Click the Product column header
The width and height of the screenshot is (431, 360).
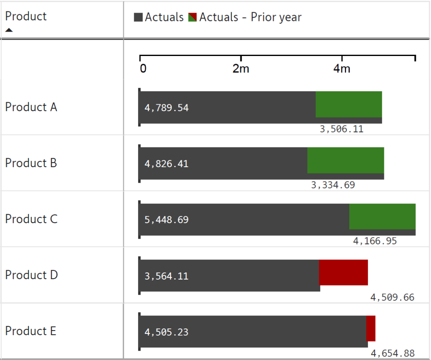(26, 16)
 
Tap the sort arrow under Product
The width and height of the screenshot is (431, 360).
(9, 30)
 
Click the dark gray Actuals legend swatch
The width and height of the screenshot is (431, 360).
(138, 17)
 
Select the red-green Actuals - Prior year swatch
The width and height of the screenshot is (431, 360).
(192, 17)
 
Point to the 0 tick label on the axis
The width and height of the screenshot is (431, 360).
(144, 69)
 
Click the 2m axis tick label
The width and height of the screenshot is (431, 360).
(241, 69)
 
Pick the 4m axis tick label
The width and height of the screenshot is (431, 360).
(342, 69)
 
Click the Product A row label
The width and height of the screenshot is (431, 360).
(31, 107)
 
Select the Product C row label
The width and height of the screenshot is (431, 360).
(31, 219)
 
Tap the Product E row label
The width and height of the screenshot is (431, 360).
(31, 331)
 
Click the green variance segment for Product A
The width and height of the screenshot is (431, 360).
(349, 104)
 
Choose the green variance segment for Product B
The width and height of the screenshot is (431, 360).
(346, 160)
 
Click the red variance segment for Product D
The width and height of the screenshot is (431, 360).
(343, 272)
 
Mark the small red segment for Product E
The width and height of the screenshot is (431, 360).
(371, 328)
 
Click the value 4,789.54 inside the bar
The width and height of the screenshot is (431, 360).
(167, 108)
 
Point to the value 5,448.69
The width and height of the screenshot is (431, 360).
(167, 220)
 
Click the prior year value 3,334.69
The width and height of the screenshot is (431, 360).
(333, 185)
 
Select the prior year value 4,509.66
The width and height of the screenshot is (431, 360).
(392, 298)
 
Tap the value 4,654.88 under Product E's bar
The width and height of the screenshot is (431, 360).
(392, 353)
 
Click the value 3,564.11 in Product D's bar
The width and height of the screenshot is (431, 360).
(167, 276)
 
